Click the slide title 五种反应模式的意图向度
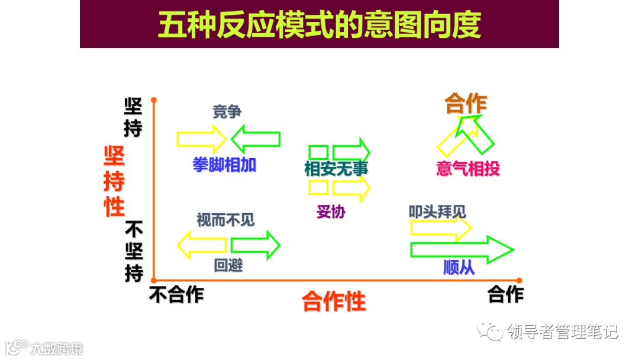click(319, 25)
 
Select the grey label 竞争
click(227, 111)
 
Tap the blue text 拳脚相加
click(224, 165)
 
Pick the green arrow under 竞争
click(256, 139)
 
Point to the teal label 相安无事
click(336, 169)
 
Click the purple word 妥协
click(330, 211)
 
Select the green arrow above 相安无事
click(351, 151)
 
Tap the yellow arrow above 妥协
click(351, 188)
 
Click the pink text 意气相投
click(467, 169)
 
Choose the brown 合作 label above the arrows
click(466, 104)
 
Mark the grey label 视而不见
click(225, 220)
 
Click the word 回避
click(228, 265)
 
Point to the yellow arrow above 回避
click(202, 245)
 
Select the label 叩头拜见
click(437, 211)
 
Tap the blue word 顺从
click(459, 267)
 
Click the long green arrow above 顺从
click(461, 250)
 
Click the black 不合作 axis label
click(176, 294)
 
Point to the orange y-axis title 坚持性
click(114, 181)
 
